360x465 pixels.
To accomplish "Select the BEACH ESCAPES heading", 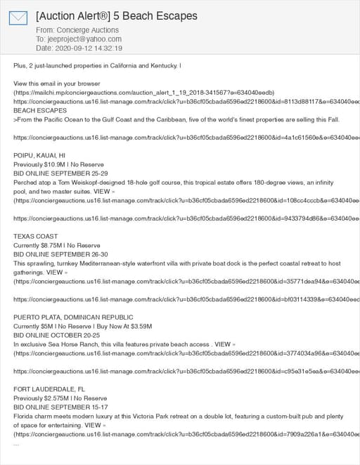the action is point(40,110).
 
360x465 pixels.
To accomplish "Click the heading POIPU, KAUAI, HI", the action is point(39,155).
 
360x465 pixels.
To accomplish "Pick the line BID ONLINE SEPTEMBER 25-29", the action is point(60,173).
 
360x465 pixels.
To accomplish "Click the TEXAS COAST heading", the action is point(35,236).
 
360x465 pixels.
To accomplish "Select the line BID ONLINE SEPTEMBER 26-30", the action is point(60,254).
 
